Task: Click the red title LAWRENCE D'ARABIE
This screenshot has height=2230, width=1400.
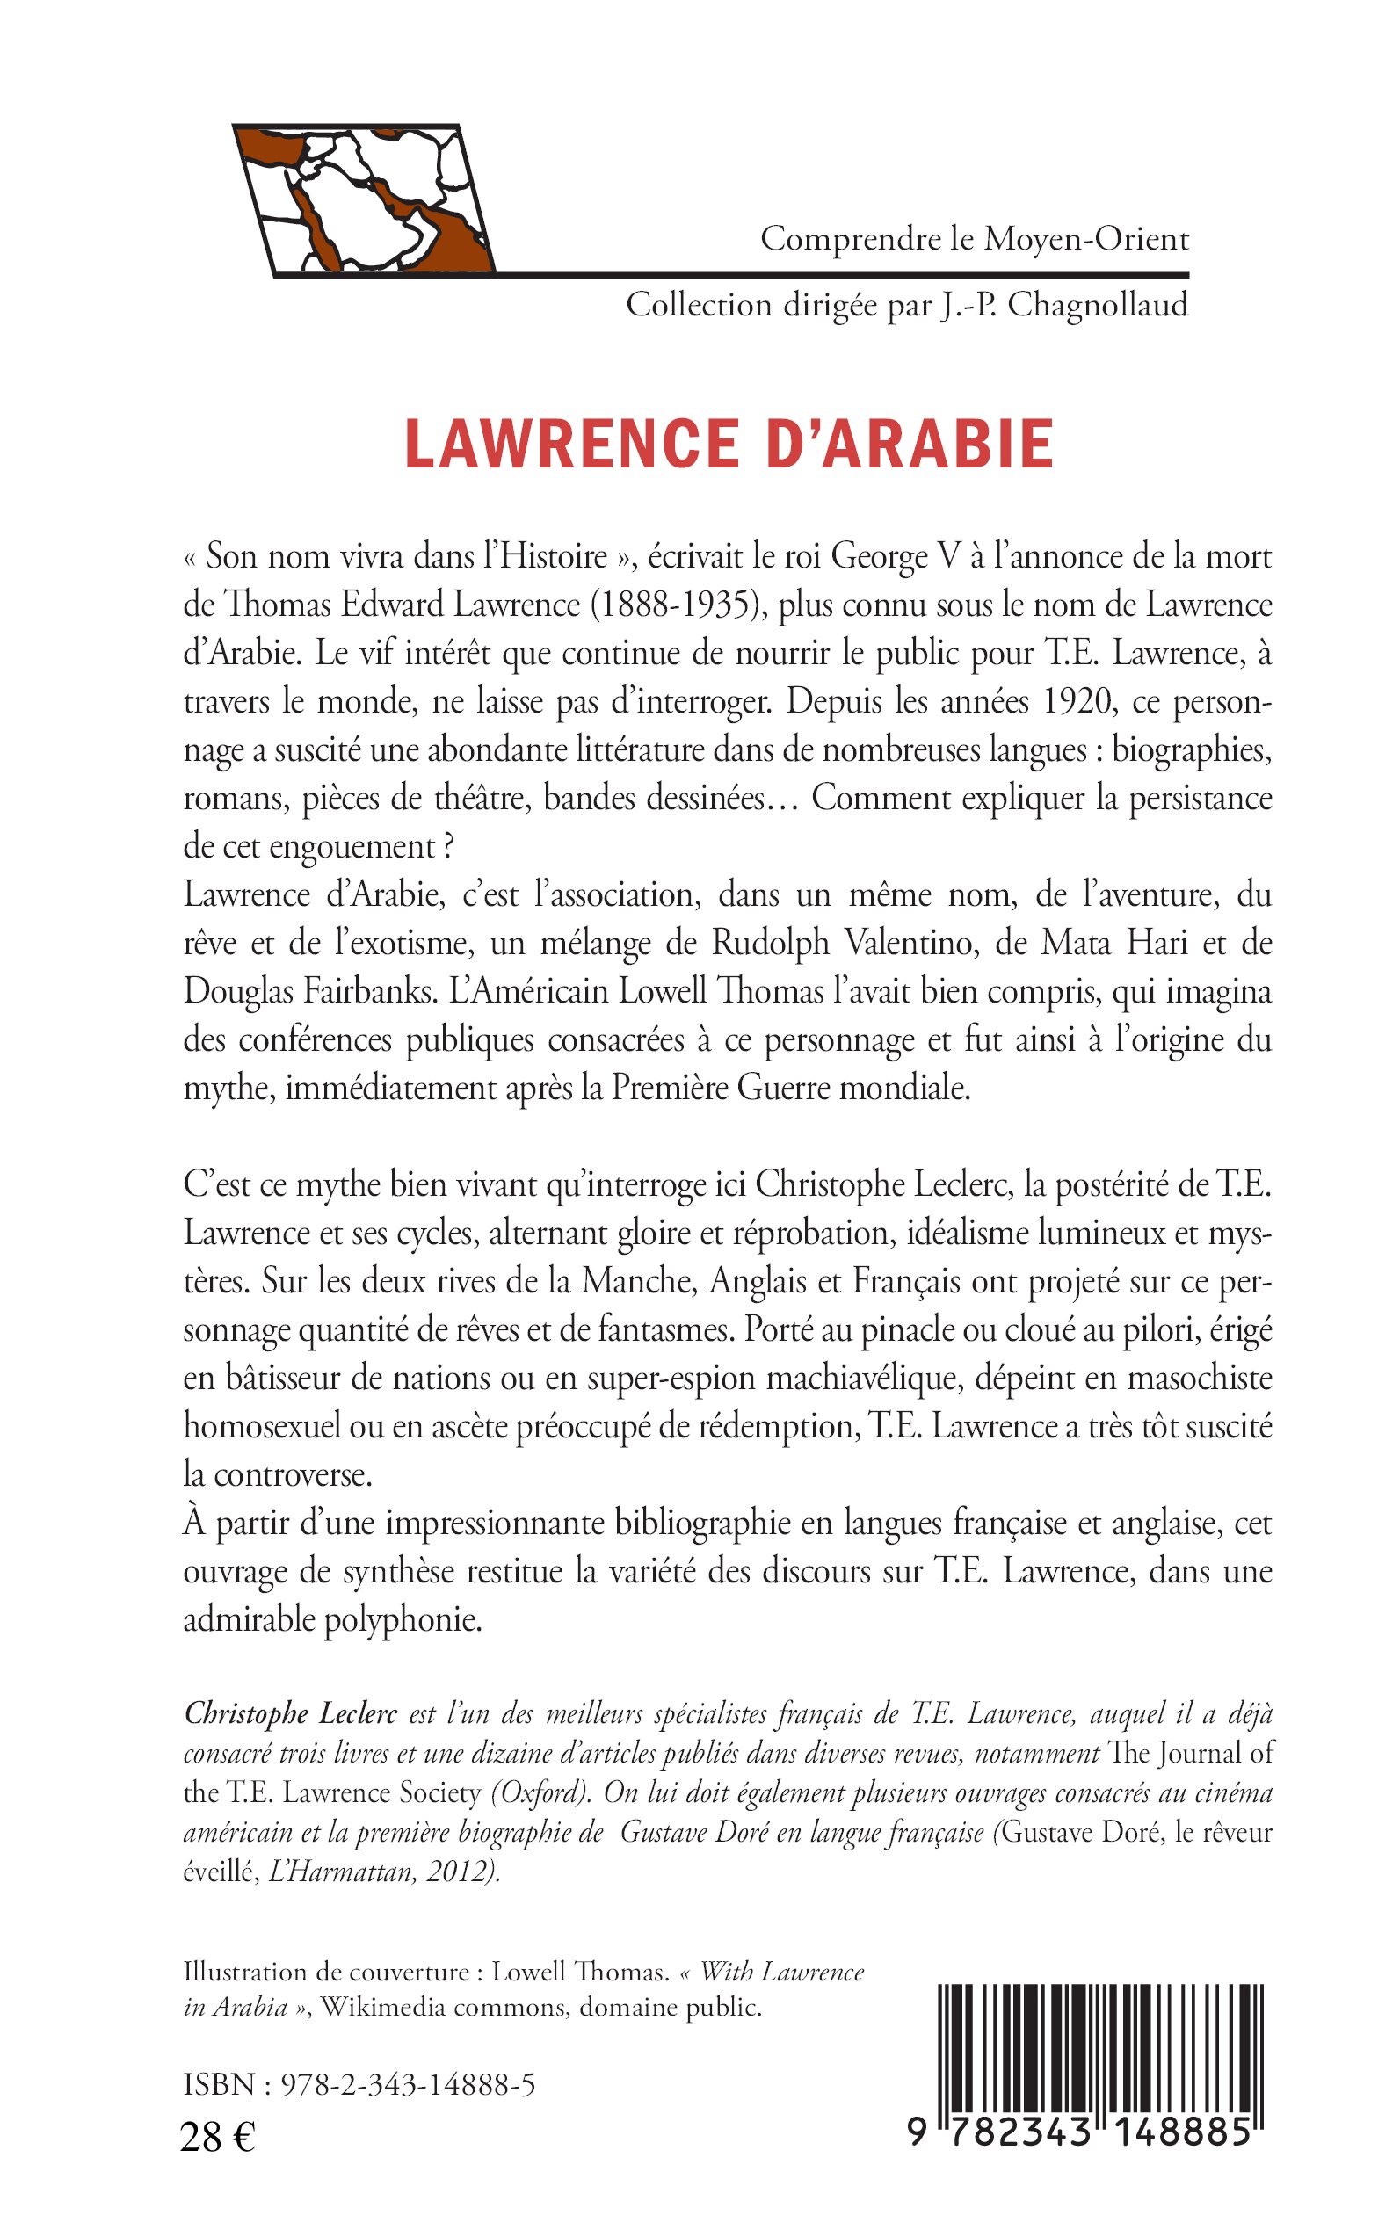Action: (x=729, y=445)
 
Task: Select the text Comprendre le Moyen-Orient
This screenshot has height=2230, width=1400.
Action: (x=974, y=240)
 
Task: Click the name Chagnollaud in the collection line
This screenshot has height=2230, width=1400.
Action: (x=1097, y=305)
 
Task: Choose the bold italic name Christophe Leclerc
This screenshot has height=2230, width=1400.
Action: (x=291, y=1713)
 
